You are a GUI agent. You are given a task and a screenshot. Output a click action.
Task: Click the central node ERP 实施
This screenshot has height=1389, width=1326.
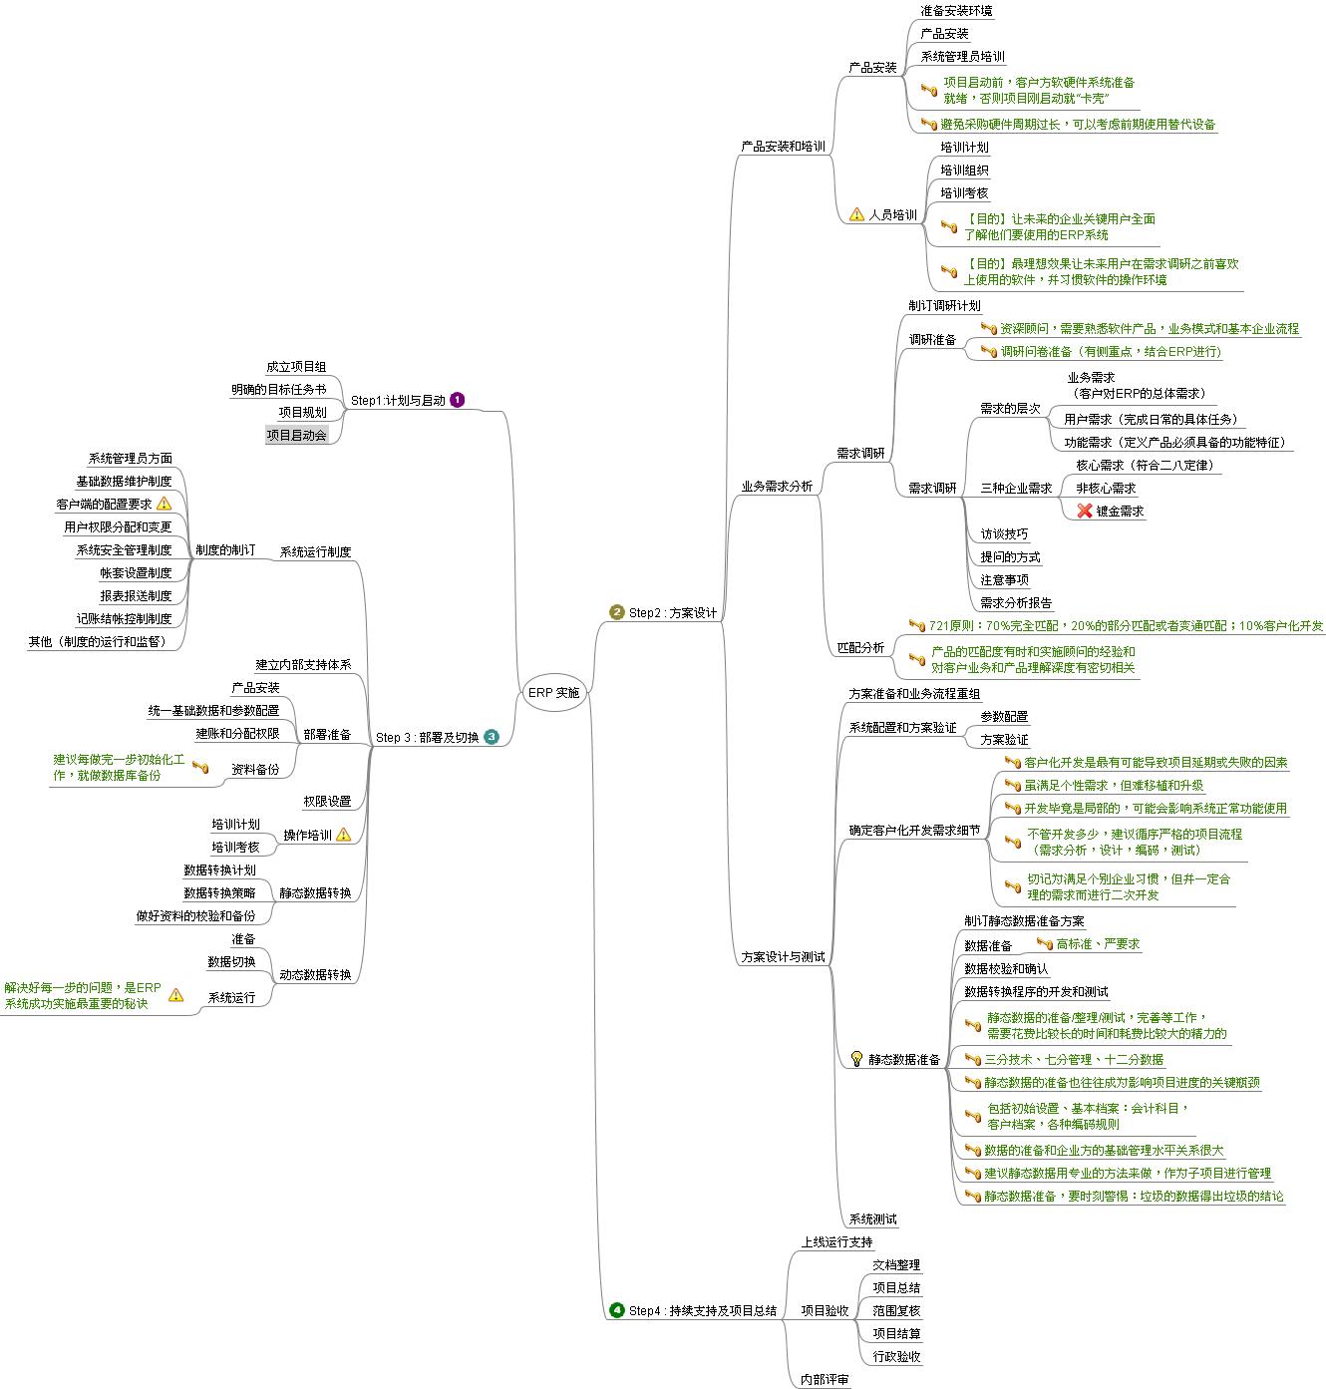point(553,692)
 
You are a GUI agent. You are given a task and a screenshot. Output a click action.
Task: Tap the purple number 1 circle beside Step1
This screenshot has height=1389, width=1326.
point(458,400)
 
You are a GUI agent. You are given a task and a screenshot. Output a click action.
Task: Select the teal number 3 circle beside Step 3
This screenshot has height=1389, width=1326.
point(492,738)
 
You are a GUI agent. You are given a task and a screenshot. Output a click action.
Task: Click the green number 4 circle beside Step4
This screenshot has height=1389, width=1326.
point(617,1310)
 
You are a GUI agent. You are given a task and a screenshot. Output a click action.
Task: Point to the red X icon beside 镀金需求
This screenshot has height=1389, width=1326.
point(1085,511)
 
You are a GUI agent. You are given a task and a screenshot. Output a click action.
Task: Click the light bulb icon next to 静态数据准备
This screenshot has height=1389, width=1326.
point(856,1058)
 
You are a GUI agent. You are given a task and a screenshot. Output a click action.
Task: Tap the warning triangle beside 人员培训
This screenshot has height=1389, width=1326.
point(856,214)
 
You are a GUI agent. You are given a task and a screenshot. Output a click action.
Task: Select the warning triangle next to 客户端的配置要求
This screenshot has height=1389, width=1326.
point(165,504)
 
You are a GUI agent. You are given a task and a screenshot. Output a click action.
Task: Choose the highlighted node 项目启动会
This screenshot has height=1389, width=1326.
point(296,435)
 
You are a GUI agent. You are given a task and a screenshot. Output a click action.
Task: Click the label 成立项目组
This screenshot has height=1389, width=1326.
point(296,367)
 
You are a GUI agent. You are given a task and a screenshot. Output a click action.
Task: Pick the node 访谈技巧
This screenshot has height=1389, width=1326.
point(1004,533)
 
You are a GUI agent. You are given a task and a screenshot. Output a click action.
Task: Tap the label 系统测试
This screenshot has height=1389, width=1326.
point(872,1218)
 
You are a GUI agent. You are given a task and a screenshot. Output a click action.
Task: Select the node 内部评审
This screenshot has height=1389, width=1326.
point(825,1380)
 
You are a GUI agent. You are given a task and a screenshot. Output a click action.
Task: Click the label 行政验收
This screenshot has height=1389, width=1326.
point(896,1356)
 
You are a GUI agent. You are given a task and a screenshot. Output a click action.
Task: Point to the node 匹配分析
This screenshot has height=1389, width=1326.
point(860,647)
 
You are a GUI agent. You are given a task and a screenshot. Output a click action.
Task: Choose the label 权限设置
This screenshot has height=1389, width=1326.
point(327,801)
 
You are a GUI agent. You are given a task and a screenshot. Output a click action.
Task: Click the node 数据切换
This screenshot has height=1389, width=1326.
point(231,961)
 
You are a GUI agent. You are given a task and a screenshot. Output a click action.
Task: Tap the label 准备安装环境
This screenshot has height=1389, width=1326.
point(956,10)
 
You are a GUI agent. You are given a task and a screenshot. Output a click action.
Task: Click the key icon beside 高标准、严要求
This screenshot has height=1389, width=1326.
point(1045,943)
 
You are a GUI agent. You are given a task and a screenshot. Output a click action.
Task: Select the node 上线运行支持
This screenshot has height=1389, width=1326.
point(836,1241)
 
